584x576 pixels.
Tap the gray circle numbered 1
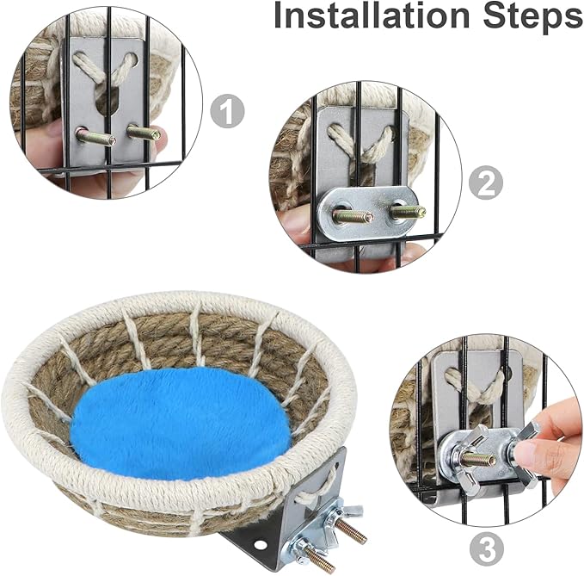227,111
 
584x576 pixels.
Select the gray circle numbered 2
485,181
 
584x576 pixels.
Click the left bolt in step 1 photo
95,136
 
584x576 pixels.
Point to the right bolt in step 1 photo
144,133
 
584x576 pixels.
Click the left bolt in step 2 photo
352,216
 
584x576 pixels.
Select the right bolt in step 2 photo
406,211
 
